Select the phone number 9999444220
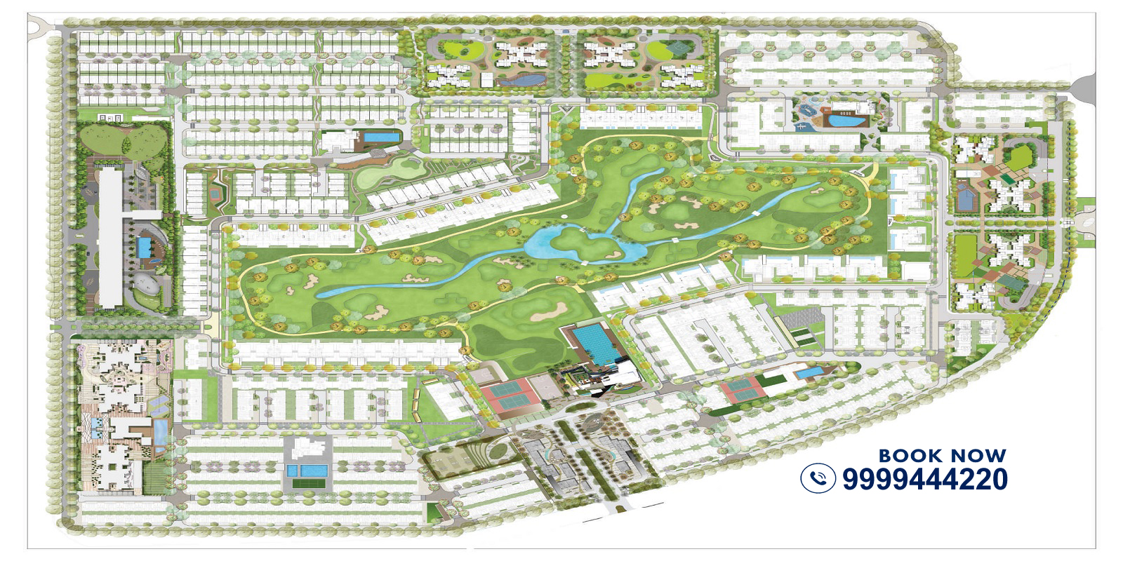924,479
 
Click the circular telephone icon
818,478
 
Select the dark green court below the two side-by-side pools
303,482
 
